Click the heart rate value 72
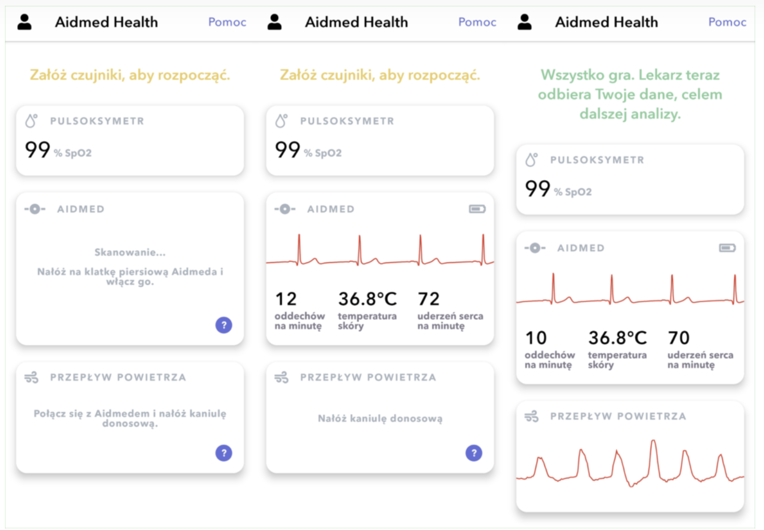click(428, 299)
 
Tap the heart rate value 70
click(679, 338)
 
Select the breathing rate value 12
click(286, 299)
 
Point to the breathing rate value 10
click(536, 338)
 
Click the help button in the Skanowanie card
click(224, 325)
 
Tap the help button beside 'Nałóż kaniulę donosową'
click(474, 453)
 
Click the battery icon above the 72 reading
click(477, 209)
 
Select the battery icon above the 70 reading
click(727, 248)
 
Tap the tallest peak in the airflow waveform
click(653, 443)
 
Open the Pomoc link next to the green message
click(727, 22)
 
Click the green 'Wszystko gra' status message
click(630, 94)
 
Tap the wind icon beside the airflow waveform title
click(531, 417)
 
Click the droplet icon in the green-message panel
click(531, 160)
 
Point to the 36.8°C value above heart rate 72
click(367, 299)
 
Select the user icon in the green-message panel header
click(525, 22)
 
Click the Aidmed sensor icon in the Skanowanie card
click(35, 209)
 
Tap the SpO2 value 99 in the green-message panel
click(538, 188)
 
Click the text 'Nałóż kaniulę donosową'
click(380, 419)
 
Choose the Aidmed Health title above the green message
click(606, 22)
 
